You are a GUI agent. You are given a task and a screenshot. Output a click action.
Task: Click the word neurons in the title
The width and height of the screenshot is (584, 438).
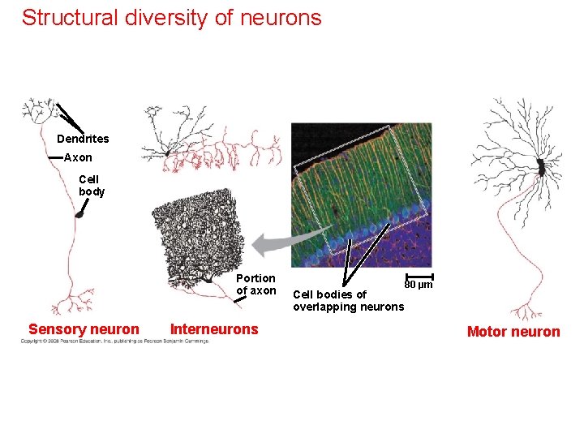coord(282,18)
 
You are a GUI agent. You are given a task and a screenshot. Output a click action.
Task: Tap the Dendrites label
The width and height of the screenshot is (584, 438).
coord(83,139)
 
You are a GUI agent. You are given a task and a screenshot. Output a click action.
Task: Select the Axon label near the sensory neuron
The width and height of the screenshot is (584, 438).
coord(78,157)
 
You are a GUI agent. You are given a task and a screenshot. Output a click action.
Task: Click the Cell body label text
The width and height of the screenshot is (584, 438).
coord(92,186)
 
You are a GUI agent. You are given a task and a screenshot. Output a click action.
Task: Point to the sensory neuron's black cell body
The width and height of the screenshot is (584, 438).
coord(79,214)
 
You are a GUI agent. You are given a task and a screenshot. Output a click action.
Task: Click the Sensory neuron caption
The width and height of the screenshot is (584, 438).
coord(84,329)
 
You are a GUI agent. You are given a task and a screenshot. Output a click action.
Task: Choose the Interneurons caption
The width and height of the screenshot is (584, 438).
coord(214,329)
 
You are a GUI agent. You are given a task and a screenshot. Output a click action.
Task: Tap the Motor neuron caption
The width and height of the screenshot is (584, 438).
coord(513,331)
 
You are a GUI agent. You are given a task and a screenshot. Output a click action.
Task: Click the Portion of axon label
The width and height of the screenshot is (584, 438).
coord(255,285)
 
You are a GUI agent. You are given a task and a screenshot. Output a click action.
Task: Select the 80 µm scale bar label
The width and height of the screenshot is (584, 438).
coord(419,285)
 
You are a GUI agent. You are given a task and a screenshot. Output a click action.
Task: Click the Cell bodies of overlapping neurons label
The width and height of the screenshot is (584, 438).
coord(348,300)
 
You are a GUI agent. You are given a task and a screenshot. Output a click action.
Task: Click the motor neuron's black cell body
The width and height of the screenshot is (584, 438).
coord(540,167)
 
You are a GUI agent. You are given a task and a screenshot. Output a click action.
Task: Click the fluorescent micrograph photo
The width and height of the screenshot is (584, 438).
coord(360,195)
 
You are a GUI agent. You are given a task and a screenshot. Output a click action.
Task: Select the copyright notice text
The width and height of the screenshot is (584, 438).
coord(114,341)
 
